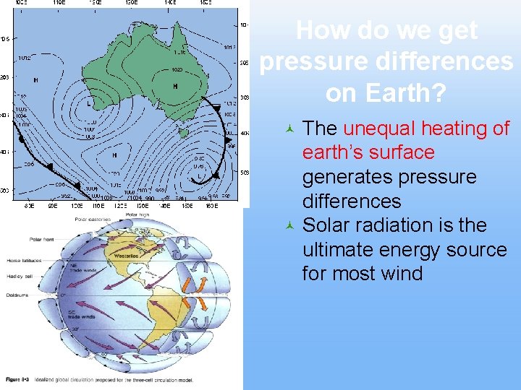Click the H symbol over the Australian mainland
coord(174,86)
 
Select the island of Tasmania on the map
coord(184,132)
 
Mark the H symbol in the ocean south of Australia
coord(114,155)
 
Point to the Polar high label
coord(137,214)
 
